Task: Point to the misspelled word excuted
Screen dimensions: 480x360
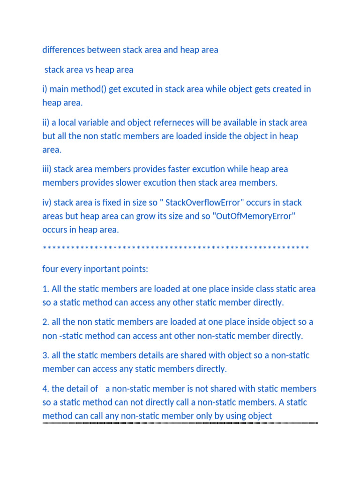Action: coord(137,89)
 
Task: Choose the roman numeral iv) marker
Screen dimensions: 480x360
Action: coord(47,203)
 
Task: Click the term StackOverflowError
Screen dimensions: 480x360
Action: coord(203,203)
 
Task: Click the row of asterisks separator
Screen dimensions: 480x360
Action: coord(175,247)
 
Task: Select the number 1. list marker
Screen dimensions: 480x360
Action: coord(45,289)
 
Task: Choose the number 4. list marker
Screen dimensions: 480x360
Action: coord(46,389)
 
